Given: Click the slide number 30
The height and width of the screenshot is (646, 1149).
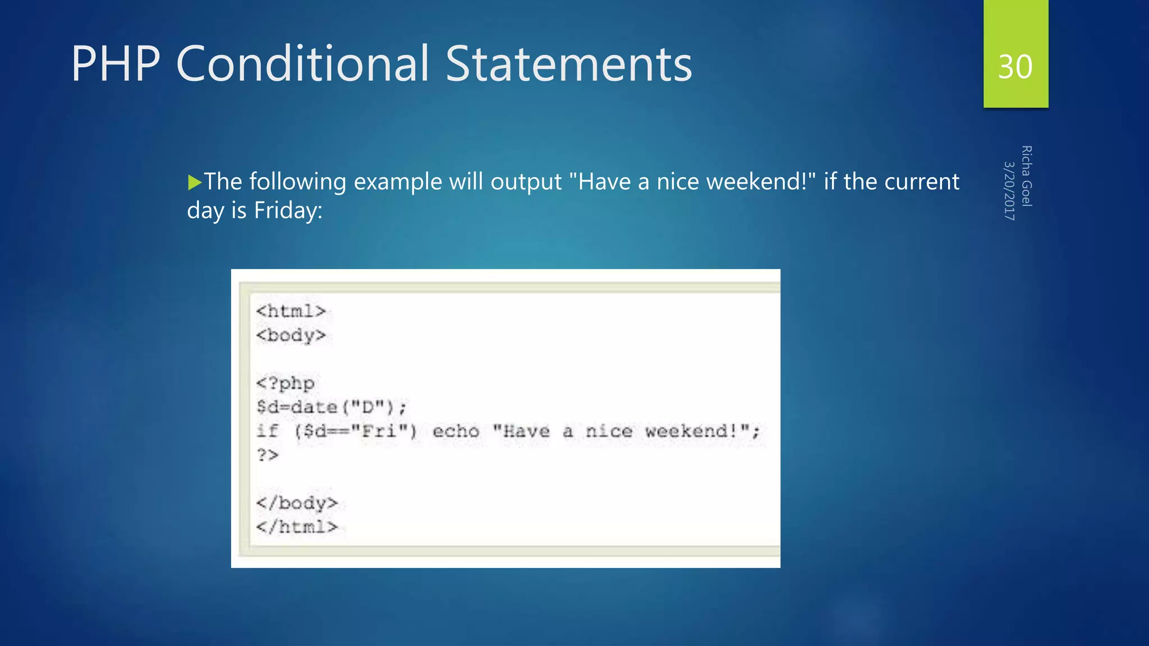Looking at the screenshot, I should [x=1015, y=67].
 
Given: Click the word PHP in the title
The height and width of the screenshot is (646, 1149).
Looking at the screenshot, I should [x=116, y=64].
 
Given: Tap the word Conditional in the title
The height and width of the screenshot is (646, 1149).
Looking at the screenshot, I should [x=302, y=64].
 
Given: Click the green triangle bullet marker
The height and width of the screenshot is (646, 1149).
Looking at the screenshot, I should [x=195, y=182].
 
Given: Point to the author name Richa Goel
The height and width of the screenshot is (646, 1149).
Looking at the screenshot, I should [x=1026, y=176].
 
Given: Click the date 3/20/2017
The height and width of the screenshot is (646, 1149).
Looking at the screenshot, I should [x=1009, y=191].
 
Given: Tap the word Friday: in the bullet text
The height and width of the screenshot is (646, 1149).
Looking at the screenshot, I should [x=288, y=211].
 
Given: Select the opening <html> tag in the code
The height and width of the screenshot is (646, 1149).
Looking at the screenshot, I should [x=291, y=311].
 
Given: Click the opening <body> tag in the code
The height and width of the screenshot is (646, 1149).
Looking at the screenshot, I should [x=291, y=335].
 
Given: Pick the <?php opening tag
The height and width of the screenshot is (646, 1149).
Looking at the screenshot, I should [x=285, y=384].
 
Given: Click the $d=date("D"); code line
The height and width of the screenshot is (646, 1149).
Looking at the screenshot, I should [x=331, y=407].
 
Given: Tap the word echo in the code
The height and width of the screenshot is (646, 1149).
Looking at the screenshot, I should [x=456, y=431].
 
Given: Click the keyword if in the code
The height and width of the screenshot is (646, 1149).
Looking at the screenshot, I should [x=267, y=431].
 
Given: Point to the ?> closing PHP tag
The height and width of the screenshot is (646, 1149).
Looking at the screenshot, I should [x=268, y=455].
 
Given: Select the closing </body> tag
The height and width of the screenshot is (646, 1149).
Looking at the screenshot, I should [x=297, y=503].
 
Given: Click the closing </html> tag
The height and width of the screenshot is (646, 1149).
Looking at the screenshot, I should [x=297, y=527].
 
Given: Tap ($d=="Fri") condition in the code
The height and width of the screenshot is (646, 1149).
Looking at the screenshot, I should [x=356, y=431].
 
